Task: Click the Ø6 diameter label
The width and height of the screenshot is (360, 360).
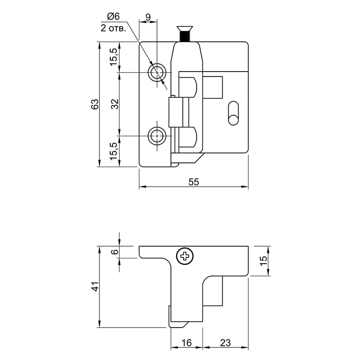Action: [113, 17]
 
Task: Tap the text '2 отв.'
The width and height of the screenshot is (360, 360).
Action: [113, 28]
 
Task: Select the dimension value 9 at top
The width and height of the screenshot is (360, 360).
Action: [148, 17]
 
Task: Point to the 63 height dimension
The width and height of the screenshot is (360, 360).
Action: [95, 104]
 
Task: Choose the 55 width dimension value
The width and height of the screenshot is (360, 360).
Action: [193, 182]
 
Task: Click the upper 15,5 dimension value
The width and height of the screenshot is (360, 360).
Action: [114, 57]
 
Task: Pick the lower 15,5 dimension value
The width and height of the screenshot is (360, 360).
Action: [114, 151]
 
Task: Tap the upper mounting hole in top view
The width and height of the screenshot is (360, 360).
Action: [157, 72]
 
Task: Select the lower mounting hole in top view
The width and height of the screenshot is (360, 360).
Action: [157, 136]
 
